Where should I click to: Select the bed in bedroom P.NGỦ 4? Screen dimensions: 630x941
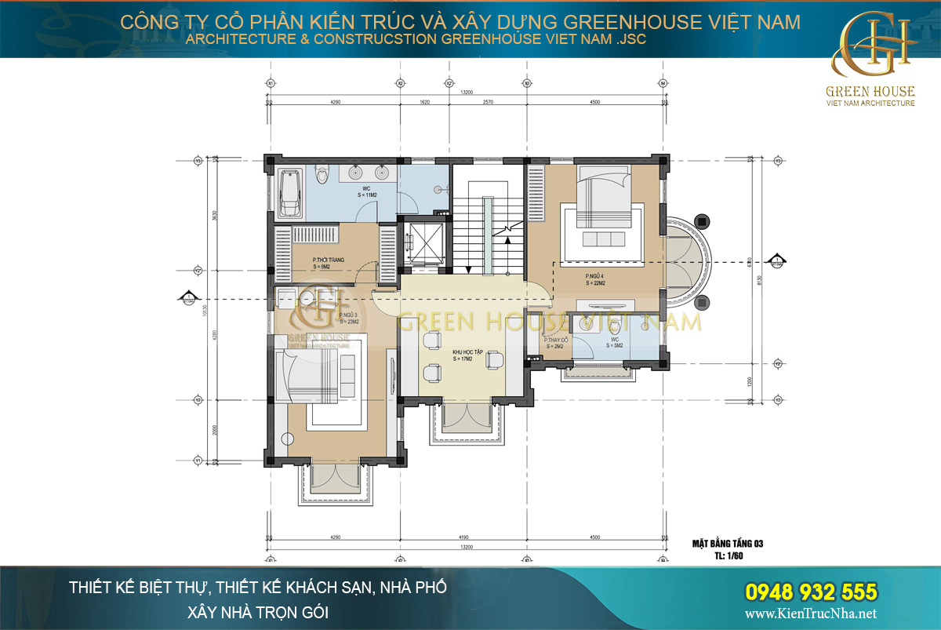(602, 196)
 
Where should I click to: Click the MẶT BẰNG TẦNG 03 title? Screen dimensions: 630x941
(727, 543)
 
